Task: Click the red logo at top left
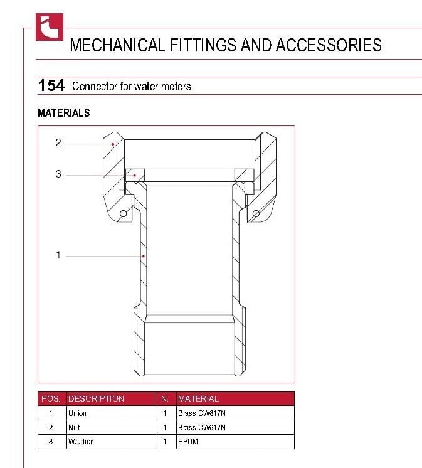pyautogui.click(x=50, y=27)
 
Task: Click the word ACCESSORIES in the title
pyautogui.click(x=329, y=45)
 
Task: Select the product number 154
pyautogui.click(x=51, y=85)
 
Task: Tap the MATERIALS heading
pyautogui.click(x=64, y=113)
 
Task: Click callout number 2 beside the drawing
pyautogui.click(x=58, y=142)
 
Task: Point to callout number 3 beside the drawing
pyautogui.click(x=58, y=174)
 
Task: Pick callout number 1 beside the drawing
pyautogui.click(x=58, y=255)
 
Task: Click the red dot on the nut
pyautogui.click(x=113, y=144)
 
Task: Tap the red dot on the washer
pyautogui.click(x=135, y=175)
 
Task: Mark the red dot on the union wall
pyautogui.click(x=144, y=256)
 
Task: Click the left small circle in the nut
pyautogui.click(x=123, y=214)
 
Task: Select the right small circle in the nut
pyautogui.click(x=256, y=214)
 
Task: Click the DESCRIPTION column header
pyautogui.click(x=96, y=399)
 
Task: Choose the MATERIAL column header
pyautogui.click(x=198, y=399)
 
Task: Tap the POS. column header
pyautogui.click(x=50, y=399)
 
